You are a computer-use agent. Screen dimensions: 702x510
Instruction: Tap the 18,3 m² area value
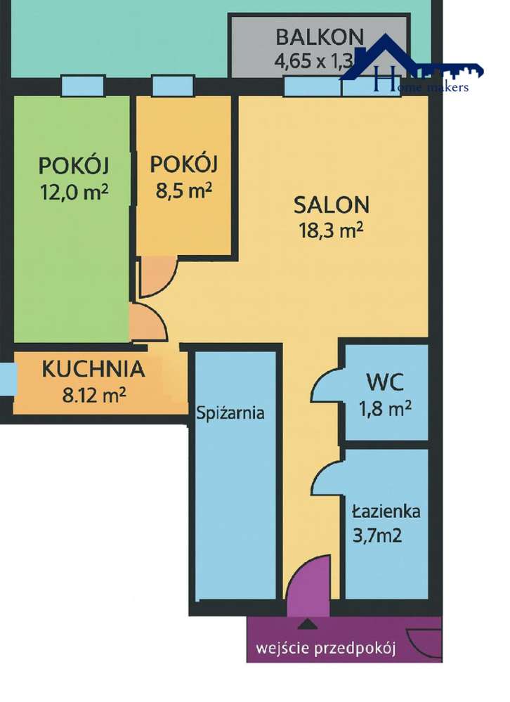(x=331, y=230)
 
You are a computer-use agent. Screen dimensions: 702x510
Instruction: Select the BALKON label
(x=319, y=36)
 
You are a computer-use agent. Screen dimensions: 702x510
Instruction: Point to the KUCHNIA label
(x=93, y=368)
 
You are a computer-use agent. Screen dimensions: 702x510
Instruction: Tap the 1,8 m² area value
(x=384, y=408)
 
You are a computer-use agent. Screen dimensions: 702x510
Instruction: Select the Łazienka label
(x=386, y=511)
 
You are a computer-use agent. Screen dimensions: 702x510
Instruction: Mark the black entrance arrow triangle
(x=306, y=623)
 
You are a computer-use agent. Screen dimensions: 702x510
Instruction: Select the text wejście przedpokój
(x=326, y=648)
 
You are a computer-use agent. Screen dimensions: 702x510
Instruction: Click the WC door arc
(x=325, y=387)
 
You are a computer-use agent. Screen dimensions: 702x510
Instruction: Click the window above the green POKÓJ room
(x=82, y=85)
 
